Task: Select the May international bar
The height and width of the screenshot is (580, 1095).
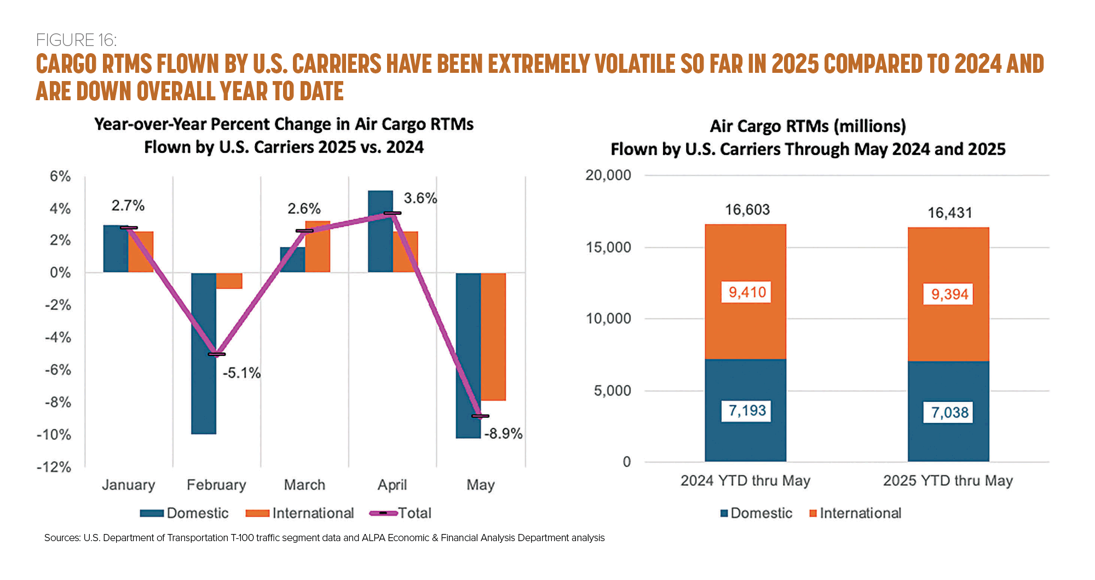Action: [493, 336]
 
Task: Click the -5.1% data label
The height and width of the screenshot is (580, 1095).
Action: [241, 374]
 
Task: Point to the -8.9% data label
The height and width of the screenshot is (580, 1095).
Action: [503, 434]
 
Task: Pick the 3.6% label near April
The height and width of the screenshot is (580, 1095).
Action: [420, 198]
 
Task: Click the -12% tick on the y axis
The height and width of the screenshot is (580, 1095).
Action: [54, 467]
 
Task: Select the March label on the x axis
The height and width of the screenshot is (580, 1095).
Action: [304, 485]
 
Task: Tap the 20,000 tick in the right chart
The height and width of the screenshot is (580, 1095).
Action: [608, 175]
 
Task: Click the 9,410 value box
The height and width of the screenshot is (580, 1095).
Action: [747, 292]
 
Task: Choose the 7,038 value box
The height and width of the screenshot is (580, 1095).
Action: [949, 412]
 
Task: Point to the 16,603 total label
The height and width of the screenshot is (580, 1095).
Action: [747, 210]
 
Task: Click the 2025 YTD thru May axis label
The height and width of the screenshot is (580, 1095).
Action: [948, 481]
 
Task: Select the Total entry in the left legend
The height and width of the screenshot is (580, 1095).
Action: [414, 513]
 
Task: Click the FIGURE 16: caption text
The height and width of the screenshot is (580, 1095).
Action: [76, 40]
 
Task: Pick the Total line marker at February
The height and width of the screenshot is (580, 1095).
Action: [216, 354]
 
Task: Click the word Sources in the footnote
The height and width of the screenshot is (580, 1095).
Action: [62, 538]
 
